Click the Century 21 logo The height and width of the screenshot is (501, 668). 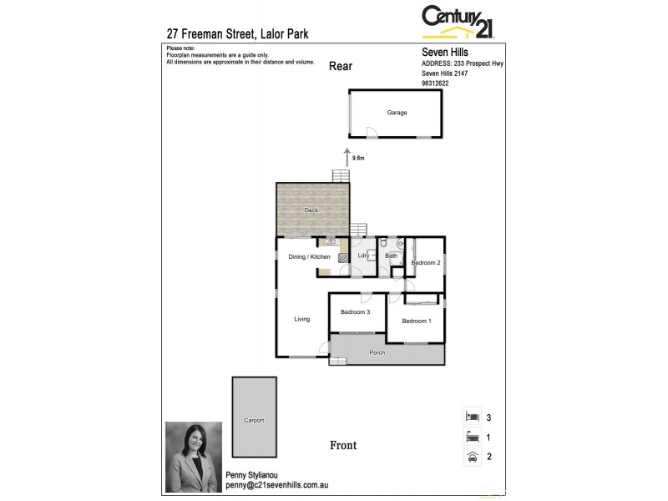click(458, 22)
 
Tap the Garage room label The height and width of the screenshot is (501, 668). click(397, 113)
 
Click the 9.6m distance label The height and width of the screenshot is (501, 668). click(359, 157)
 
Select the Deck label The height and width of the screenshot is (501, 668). click(311, 210)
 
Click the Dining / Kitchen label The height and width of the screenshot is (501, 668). click(309, 256)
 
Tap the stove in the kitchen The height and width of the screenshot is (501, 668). click(342, 258)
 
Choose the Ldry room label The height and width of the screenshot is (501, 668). click(363, 256)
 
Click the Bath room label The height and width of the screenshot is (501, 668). click(391, 256)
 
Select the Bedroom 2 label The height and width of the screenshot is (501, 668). click(426, 263)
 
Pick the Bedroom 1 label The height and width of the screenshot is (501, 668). click(417, 321)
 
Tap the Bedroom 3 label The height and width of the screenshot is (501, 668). click(356, 311)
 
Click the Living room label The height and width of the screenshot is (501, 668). click(301, 319)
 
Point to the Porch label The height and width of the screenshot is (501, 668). click(377, 352)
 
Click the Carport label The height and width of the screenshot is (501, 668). click(254, 420)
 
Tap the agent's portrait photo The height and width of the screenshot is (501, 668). click(194, 451)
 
